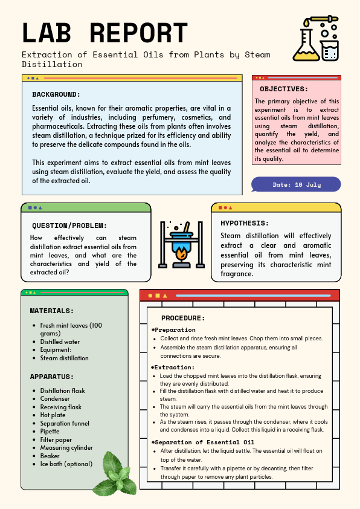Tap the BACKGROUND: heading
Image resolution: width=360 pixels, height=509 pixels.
point(56,94)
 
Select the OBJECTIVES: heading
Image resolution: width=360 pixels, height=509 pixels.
point(284,89)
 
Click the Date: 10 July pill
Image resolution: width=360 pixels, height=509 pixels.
point(296,184)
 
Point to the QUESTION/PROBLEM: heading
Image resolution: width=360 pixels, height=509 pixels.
point(69,225)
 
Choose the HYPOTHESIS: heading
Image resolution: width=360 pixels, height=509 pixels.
point(245,223)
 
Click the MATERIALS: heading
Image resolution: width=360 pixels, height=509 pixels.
point(52,311)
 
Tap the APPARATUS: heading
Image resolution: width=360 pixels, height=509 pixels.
point(52,377)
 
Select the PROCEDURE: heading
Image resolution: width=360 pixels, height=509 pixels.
point(183,318)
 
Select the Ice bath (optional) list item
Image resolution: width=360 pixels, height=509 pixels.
point(66,464)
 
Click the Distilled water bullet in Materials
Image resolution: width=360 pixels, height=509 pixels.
point(60,342)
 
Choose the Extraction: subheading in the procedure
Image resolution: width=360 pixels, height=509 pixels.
point(174,367)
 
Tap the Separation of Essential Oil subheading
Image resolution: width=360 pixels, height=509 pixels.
point(204,442)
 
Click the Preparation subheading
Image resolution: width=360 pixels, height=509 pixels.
point(175,330)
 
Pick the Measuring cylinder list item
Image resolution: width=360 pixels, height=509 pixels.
point(66,448)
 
